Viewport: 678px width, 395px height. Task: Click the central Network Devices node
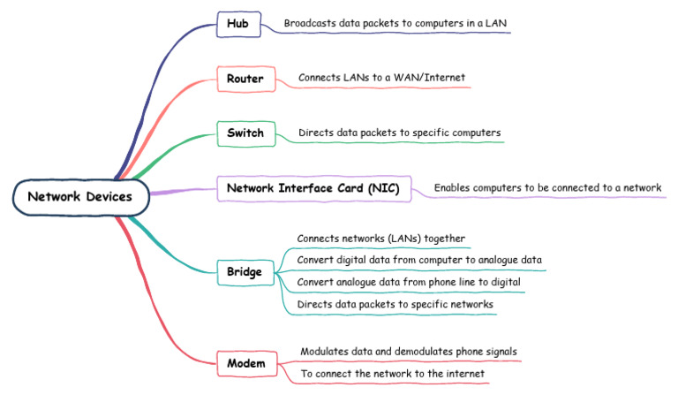[x=80, y=196]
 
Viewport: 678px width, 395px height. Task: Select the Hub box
[x=238, y=24]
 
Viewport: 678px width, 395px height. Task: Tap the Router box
[x=245, y=79]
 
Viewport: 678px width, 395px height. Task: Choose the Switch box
[x=245, y=133]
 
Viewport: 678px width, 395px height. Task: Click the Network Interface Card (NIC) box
[x=313, y=188]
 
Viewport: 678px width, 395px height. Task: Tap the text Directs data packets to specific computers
[x=400, y=133]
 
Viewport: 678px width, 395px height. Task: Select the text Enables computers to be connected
[x=547, y=188]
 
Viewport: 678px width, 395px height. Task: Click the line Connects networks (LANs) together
[x=380, y=239]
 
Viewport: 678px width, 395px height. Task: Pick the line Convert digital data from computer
[x=418, y=260]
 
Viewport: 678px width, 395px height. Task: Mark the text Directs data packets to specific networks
[x=395, y=304]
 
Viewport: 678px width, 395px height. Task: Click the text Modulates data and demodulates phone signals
[x=409, y=352]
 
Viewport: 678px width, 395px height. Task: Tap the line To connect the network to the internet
[x=392, y=374]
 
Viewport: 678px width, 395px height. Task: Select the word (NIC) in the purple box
[x=385, y=188]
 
